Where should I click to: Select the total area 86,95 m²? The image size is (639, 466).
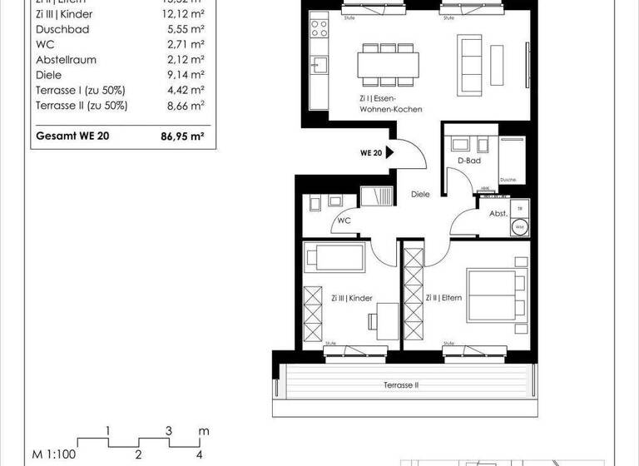pos(182,136)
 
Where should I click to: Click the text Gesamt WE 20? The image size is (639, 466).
pos(72,136)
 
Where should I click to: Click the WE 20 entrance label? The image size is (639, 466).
pos(371,153)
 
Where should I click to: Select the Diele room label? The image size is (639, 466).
pos(421,194)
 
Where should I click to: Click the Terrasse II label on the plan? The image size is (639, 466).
pos(400,385)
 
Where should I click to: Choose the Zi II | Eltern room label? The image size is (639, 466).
pos(443,298)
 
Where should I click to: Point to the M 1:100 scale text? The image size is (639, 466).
pos(52,454)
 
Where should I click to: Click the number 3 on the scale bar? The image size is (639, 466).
pos(169,431)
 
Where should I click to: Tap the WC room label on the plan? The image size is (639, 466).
pos(344,222)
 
